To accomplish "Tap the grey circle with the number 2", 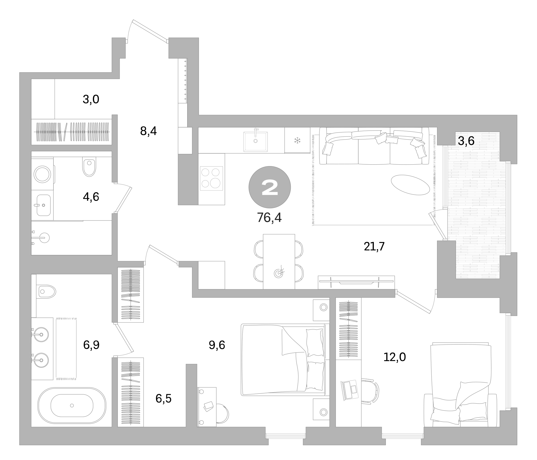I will tap(270, 187).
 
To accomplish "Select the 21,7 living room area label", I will tap(374, 246).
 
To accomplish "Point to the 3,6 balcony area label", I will tap(466, 141).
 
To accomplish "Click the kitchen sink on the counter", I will tap(255, 141).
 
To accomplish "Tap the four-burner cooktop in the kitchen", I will tap(211, 178).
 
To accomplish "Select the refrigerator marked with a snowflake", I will tap(297, 140).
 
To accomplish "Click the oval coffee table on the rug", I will tap(410, 185).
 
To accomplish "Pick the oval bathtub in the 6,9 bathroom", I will tap(72, 405).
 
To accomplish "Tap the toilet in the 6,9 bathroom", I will tap(46, 292).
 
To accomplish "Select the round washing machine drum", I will tap(42, 174).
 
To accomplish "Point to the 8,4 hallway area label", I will tap(148, 131).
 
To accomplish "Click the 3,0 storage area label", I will tap(91, 99).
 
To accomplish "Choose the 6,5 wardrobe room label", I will tap(163, 398).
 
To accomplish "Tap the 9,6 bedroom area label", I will tap(217, 345).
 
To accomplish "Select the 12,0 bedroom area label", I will tap(394, 357).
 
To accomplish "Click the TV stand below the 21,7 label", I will tap(356, 282).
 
